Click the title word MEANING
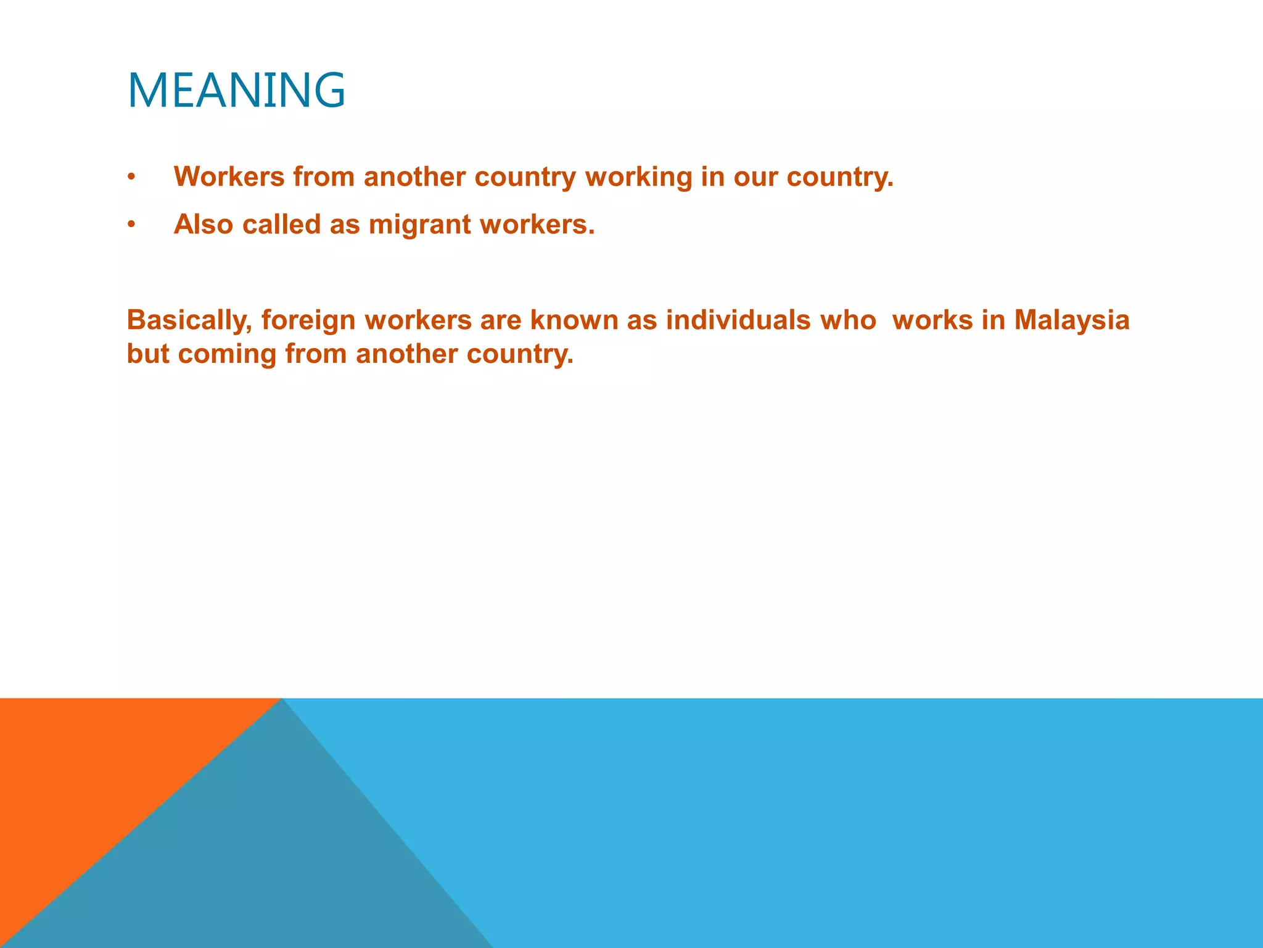point(236,91)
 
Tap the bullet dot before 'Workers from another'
point(131,178)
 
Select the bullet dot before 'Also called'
point(131,225)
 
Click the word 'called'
point(281,224)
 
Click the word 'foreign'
point(308,320)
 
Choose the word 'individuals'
point(738,320)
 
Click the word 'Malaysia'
point(1071,320)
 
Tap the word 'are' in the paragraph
point(501,320)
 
